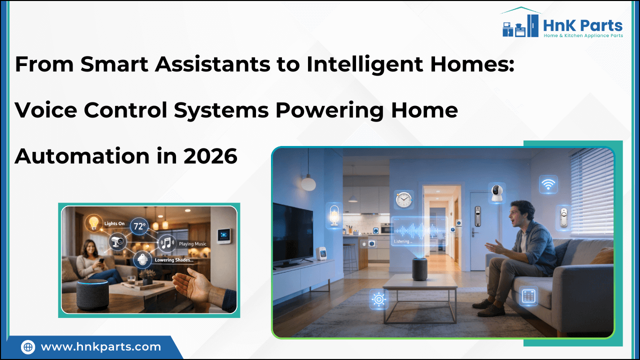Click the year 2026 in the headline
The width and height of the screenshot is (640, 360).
point(210,156)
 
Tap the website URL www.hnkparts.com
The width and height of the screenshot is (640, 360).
point(100,346)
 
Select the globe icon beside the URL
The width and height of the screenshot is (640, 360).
point(28,346)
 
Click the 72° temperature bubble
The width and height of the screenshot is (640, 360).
point(139,226)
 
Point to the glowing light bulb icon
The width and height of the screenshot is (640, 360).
point(93,222)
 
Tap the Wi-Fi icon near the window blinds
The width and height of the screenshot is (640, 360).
point(548,185)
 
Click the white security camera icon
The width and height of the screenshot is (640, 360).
point(496,193)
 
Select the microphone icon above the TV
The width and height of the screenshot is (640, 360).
point(334,215)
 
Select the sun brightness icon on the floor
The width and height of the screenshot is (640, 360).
point(379,299)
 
